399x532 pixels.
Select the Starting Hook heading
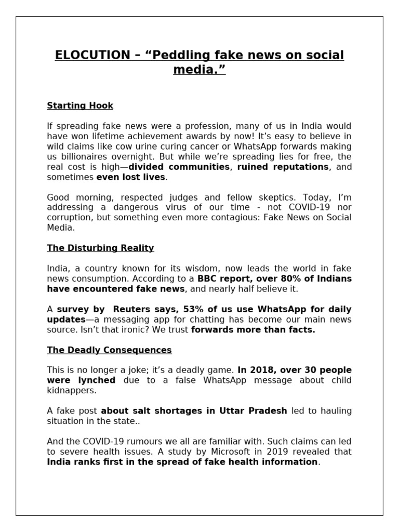tap(80, 105)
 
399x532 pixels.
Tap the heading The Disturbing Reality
tap(100, 248)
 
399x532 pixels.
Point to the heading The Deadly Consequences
tap(109, 350)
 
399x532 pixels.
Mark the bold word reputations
tap(298, 167)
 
